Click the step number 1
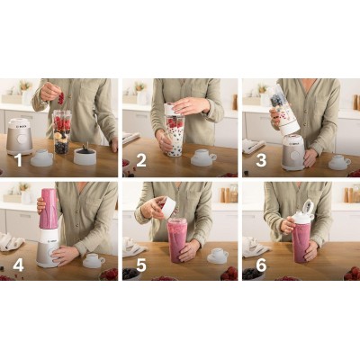[x=19, y=160]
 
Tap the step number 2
[x=141, y=160]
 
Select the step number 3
[x=261, y=160]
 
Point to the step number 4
[x=18, y=265]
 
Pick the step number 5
[x=141, y=265]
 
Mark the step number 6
[x=261, y=265]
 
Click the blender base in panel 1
[x=20, y=137]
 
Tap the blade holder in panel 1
[x=85, y=155]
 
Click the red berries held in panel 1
[x=61, y=98]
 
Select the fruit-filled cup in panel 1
[x=62, y=132]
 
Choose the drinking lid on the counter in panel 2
[x=203, y=157]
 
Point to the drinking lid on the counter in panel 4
[x=94, y=261]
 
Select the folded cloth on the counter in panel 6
[x=255, y=247]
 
